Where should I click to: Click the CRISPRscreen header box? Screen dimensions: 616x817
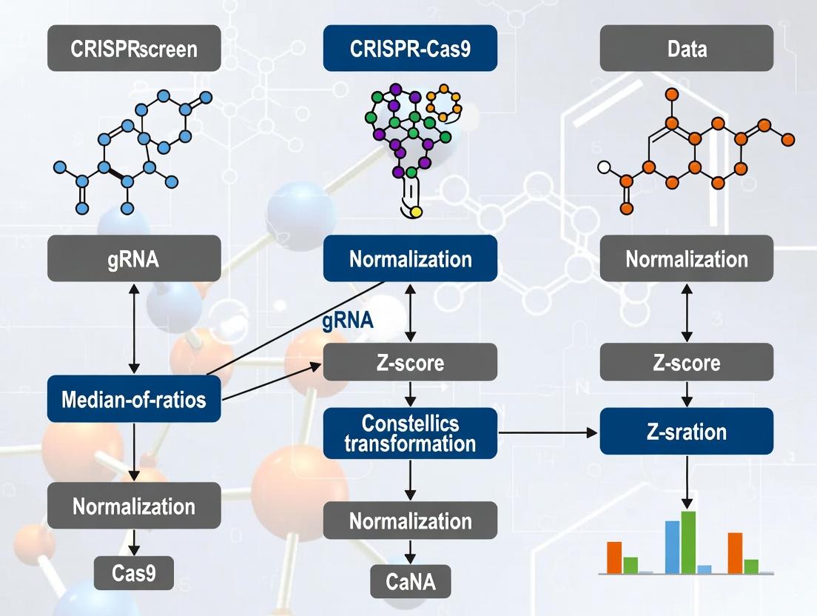[134, 49]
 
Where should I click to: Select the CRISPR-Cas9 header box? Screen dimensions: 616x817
[410, 49]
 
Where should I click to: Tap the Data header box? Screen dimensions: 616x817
[686, 49]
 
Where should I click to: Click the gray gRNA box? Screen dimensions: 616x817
[134, 258]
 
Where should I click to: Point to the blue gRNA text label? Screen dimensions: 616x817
[348, 321]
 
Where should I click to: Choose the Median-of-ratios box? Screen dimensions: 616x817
[134, 400]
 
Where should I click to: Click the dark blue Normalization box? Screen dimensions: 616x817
[410, 259]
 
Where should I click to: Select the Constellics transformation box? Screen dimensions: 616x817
[410, 432]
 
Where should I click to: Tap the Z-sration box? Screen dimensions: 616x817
[686, 431]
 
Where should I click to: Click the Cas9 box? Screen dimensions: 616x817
[134, 572]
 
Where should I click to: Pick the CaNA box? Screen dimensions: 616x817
[410, 581]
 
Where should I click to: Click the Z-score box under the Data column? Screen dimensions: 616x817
[686, 363]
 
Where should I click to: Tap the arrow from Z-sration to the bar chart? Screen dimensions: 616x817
[687, 481]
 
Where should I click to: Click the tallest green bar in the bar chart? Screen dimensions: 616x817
[688, 542]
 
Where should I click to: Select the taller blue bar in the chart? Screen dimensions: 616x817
[672, 546]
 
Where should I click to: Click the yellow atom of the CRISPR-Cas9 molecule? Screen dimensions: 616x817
[415, 212]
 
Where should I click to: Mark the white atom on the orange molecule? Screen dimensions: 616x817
[604, 167]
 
